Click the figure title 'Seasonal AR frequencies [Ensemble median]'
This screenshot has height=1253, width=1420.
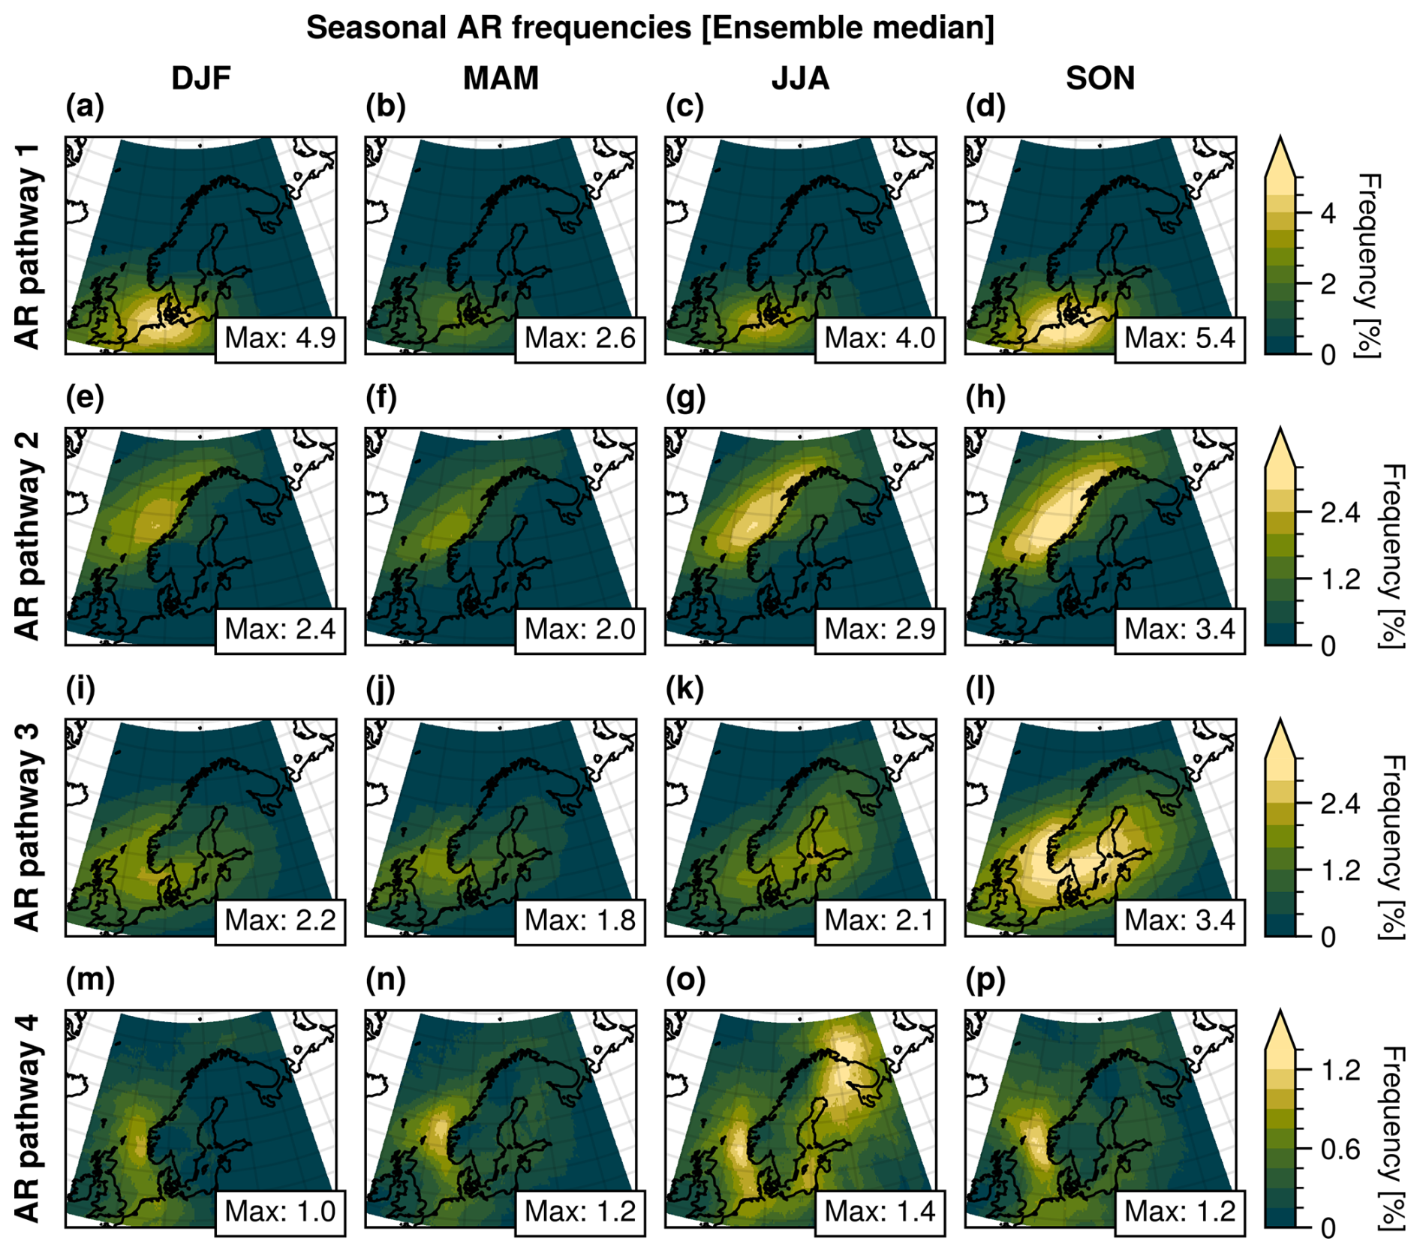[650, 29]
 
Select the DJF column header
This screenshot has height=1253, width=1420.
[200, 79]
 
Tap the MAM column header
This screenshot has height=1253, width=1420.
[501, 79]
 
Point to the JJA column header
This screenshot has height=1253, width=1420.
[800, 79]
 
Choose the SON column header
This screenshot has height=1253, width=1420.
[1100, 79]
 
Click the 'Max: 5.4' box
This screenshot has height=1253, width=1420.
[1180, 339]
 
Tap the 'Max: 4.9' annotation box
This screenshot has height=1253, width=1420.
[280, 339]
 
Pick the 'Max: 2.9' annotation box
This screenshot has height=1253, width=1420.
[880, 630]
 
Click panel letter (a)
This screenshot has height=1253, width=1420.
[85, 107]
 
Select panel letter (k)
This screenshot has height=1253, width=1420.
[684, 690]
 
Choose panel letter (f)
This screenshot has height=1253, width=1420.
[382, 398]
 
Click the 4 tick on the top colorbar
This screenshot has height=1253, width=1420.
[1328, 214]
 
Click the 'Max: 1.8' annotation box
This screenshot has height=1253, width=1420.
[579, 921]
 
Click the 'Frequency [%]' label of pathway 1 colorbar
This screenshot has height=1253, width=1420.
[1367, 266]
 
